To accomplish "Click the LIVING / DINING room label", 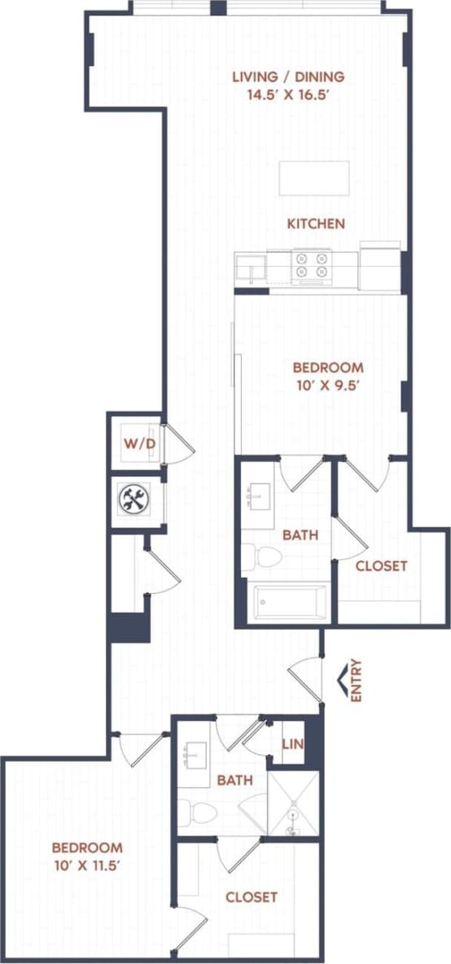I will pyautogui.click(x=288, y=77).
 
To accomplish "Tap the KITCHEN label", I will pyautogui.click(x=315, y=224).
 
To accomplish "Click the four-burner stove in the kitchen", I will pyautogui.click(x=312, y=267).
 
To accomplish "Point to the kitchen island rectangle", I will pyautogui.click(x=314, y=178).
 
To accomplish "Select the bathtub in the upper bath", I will pyautogui.click(x=289, y=602).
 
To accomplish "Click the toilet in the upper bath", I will pyautogui.click(x=261, y=557).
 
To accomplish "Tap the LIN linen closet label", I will pyautogui.click(x=291, y=744).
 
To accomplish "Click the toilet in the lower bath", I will pyautogui.click(x=196, y=812).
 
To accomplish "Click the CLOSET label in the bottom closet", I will pyautogui.click(x=252, y=897).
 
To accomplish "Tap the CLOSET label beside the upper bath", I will pyautogui.click(x=381, y=566).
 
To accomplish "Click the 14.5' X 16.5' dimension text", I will pyautogui.click(x=288, y=94).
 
